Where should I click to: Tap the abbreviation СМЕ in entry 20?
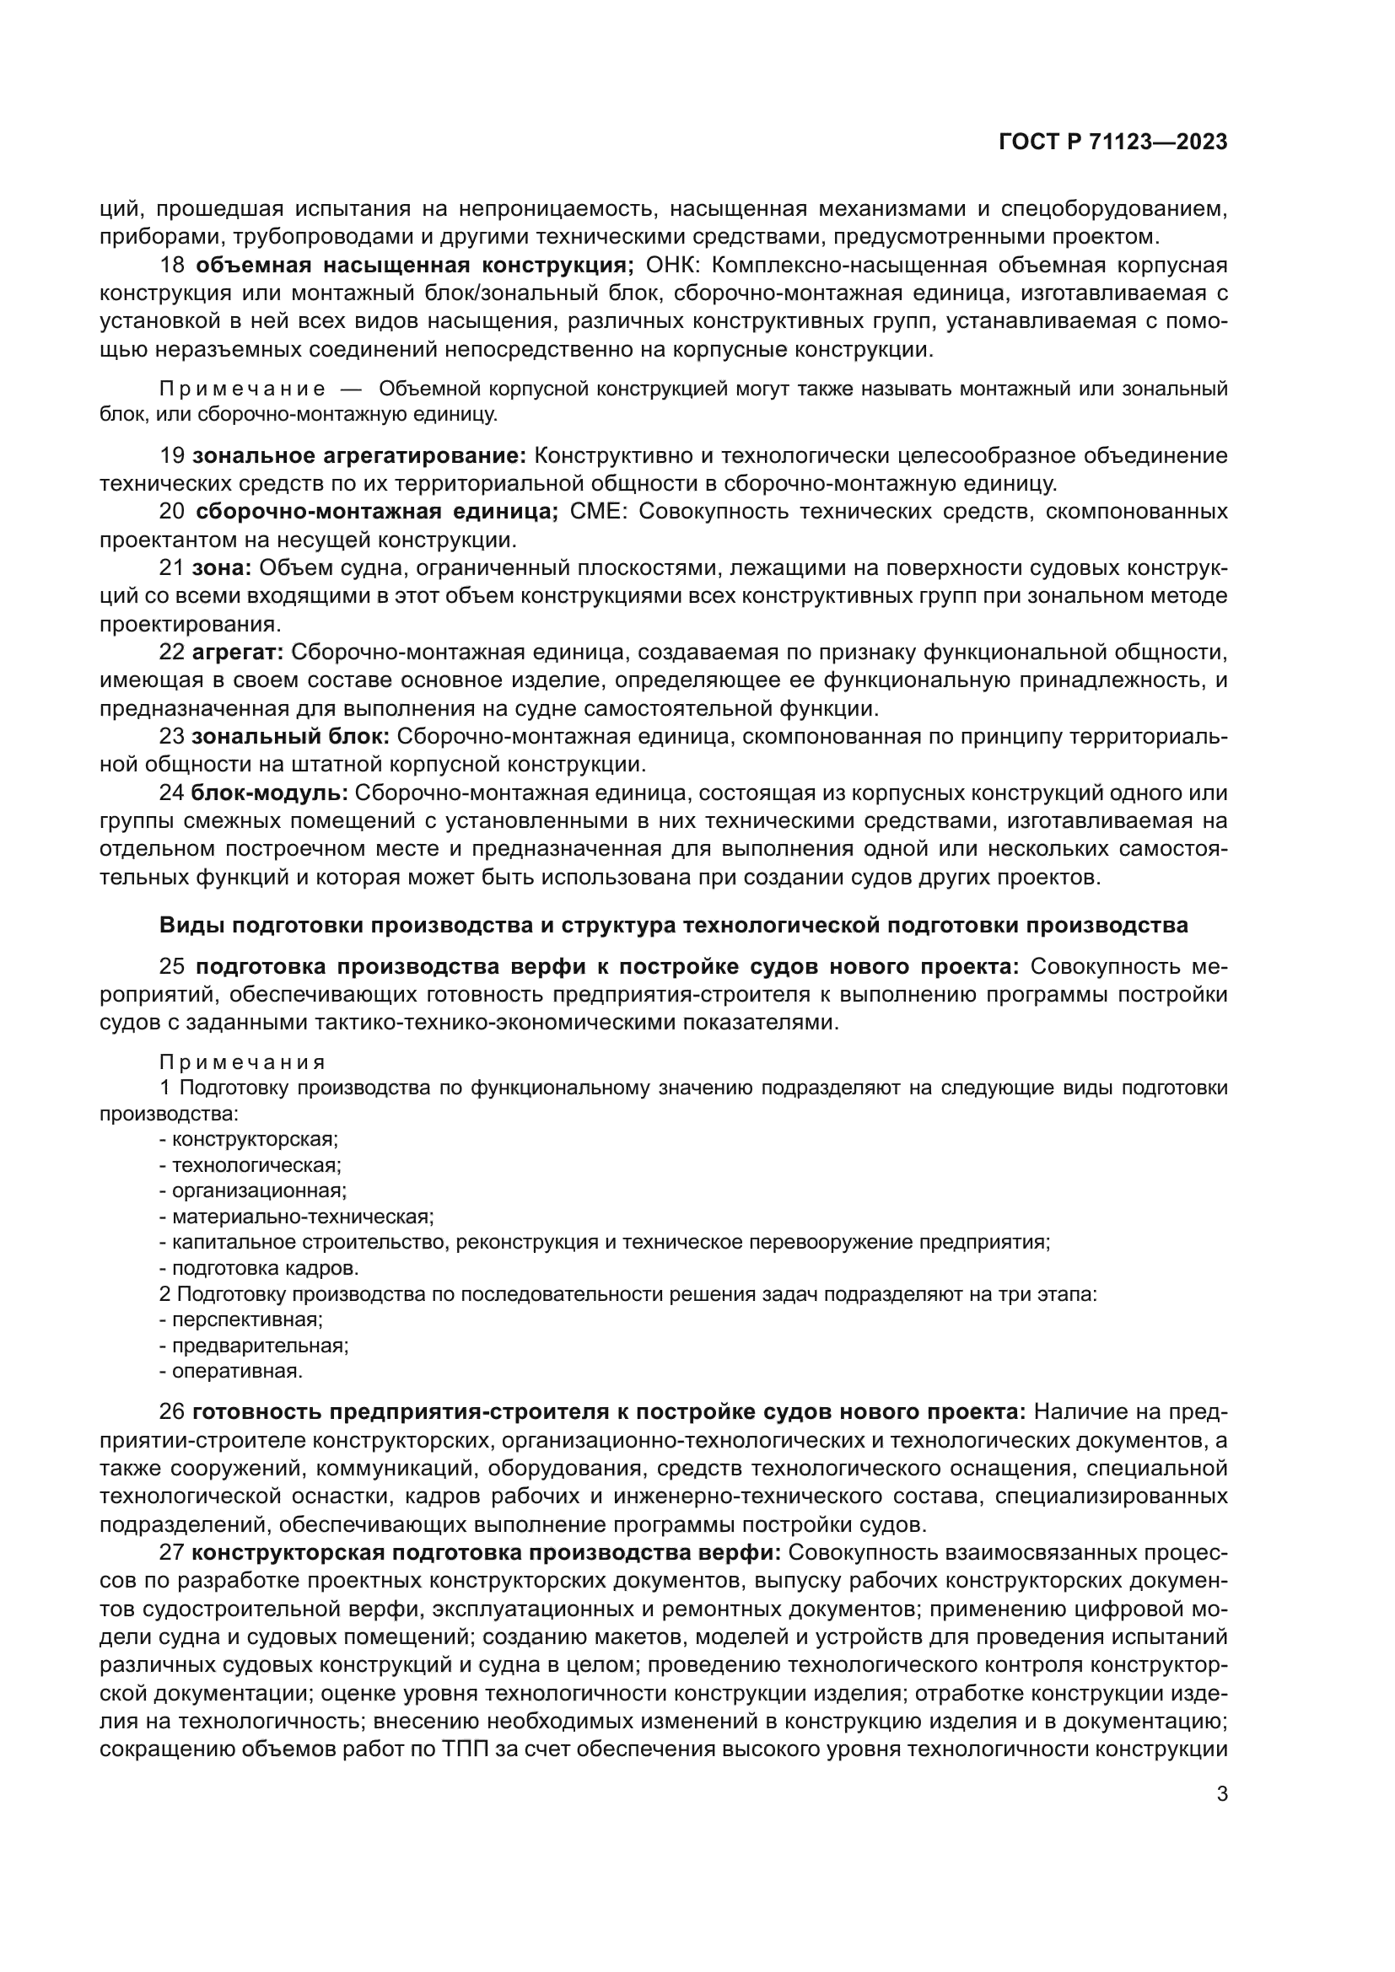(x=599, y=512)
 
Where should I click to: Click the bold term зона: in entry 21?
(x=221, y=567)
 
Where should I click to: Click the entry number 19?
(x=172, y=455)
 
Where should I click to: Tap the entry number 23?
(x=172, y=736)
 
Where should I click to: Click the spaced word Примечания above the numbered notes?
(x=242, y=1062)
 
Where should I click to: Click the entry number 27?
(x=172, y=1553)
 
